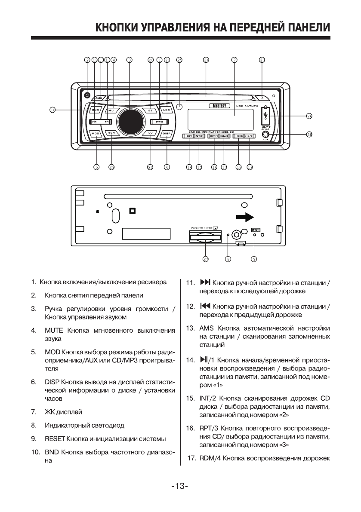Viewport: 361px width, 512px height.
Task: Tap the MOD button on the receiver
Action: point(96,133)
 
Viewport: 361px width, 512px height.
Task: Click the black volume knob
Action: point(128,121)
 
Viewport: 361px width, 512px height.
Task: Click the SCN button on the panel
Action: point(111,133)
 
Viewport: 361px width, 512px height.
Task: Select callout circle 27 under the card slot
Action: point(206,259)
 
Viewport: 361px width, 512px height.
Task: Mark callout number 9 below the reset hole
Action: point(254,259)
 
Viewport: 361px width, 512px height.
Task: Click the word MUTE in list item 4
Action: point(52,330)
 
